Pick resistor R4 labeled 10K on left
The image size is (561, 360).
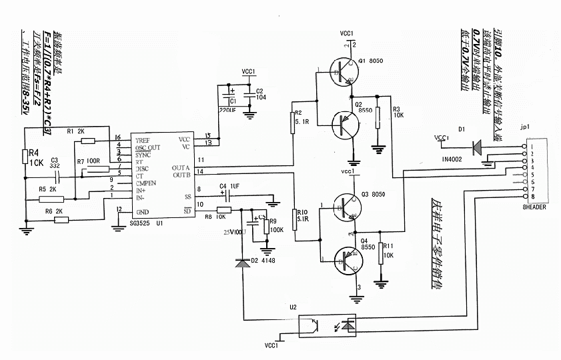[x=25, y=156]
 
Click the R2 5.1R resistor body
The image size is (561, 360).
[x=293, y=122]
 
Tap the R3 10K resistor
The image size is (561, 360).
[x=378, y=117]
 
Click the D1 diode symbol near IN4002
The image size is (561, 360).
[x=476, y=146]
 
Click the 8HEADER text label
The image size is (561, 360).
[x=536, y=207]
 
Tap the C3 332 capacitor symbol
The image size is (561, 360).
[x=55, y=177]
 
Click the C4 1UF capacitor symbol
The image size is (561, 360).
[x=228, y=195]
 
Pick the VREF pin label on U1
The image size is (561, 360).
[x=143, y=141]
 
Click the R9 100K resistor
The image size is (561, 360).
[x=267, y=225]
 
